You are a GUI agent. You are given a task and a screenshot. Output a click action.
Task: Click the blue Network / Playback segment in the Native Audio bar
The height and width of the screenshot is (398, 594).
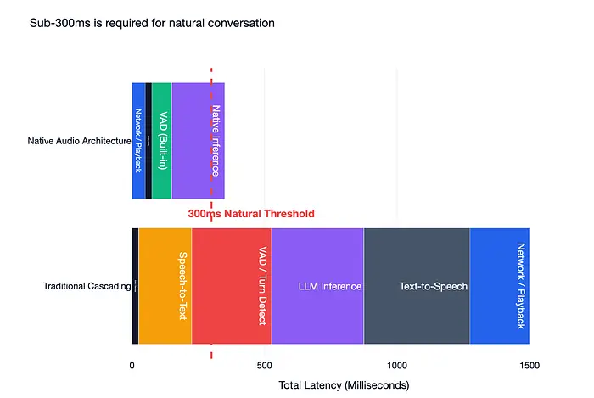coord(138,141)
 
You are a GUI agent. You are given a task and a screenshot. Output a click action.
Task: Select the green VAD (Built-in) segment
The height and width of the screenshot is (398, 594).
coord(161,141)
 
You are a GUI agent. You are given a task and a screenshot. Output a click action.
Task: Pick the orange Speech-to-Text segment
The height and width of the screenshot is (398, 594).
coord(165,286)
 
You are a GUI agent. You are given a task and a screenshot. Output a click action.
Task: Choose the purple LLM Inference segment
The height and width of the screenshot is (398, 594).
coord(317,286)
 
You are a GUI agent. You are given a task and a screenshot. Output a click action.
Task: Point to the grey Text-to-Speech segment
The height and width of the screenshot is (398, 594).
coord(416,286)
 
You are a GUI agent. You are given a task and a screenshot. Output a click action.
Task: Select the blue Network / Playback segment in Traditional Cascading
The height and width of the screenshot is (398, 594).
coord(500,286)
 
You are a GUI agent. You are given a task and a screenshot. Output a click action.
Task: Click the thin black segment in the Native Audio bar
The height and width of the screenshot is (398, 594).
coord(148,141)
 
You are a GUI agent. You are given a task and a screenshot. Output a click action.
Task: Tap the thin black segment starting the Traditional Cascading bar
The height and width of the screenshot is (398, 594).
coord(135,286)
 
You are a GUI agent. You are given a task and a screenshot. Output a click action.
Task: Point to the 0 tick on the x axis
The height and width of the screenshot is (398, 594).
coord(132,365)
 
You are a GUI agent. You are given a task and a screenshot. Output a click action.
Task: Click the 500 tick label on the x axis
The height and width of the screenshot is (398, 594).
coord(265,365)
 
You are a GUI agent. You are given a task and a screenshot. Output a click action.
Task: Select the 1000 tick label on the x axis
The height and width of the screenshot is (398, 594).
coord(397,365)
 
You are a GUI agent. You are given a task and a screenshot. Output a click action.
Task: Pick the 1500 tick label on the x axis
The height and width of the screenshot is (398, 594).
coord(530,365)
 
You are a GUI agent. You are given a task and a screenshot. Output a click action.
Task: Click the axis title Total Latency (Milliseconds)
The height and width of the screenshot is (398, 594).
coord(344,385)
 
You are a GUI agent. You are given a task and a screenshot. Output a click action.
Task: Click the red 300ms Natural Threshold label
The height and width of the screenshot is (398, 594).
coord(251,214)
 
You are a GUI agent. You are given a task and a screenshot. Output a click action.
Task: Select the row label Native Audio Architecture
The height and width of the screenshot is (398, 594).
coord(79,141)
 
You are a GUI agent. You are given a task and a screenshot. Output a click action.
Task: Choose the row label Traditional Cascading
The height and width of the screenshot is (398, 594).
coord(87,286)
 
